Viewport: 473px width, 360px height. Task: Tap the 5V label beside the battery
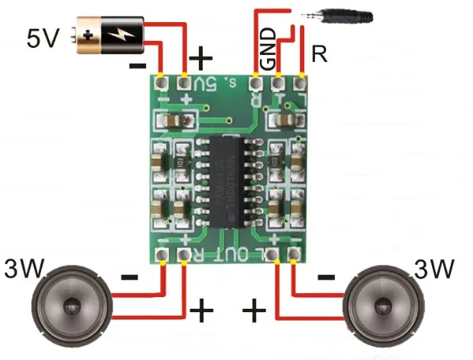coord(43,39)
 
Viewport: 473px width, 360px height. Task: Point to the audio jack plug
coord(346,15)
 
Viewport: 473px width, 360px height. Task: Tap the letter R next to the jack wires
coord(319,54)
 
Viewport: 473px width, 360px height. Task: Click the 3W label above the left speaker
coord(24,269)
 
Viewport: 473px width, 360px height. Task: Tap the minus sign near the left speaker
coord(130,277)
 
